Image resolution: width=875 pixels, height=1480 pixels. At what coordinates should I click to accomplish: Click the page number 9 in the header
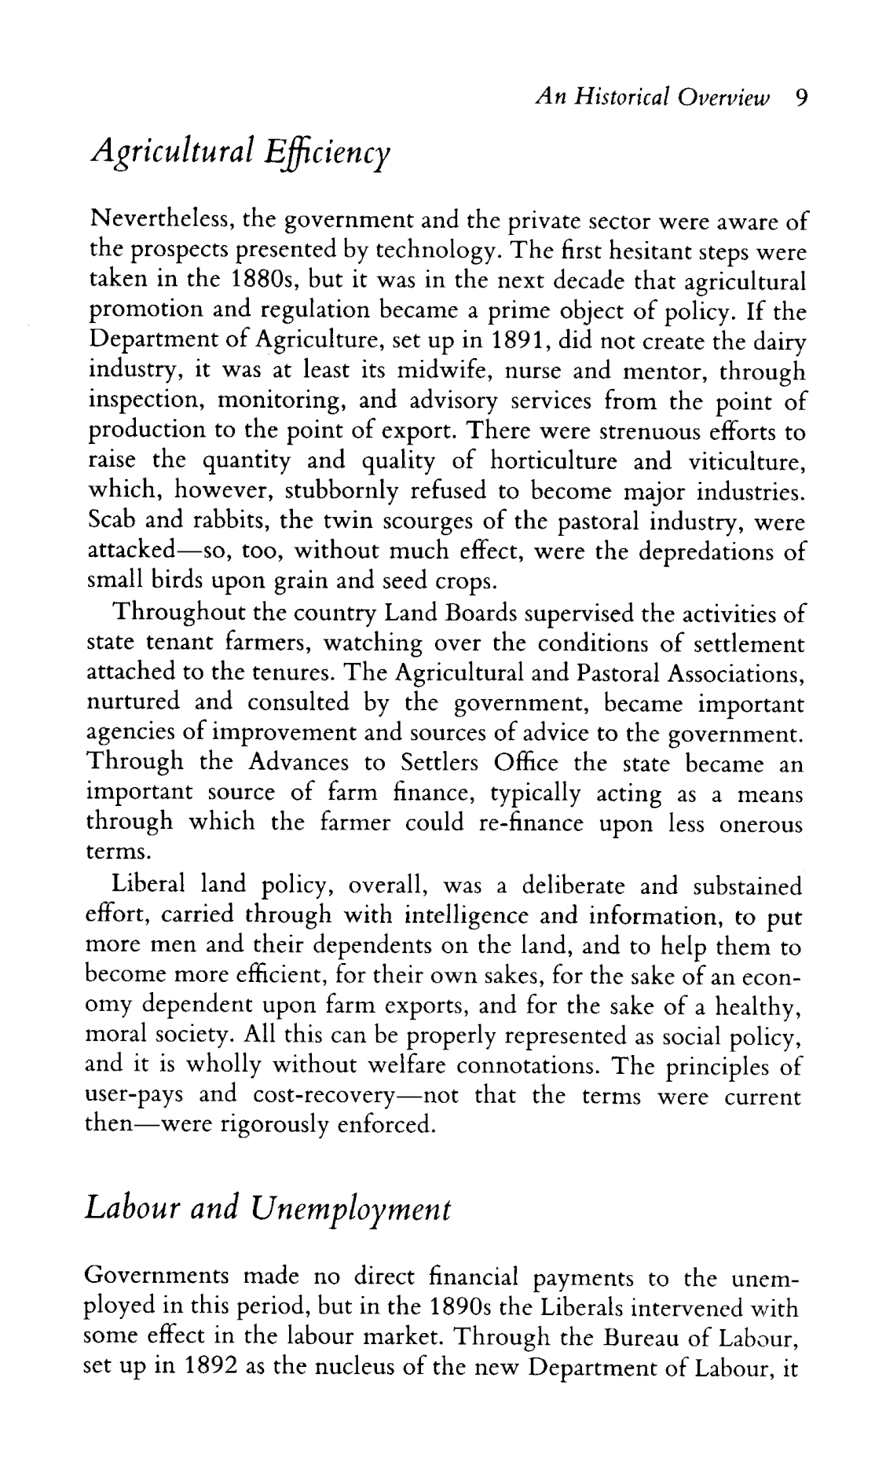point(801,97)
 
